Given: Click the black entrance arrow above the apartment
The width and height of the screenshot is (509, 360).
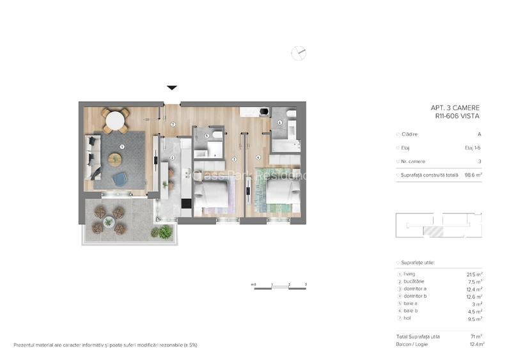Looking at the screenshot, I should (172, 88).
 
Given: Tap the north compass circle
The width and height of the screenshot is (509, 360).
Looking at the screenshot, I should (299, 53).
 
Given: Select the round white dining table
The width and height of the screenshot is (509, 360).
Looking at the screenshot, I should (115, 120).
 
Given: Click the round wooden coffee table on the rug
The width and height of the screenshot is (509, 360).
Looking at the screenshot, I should (115, 159).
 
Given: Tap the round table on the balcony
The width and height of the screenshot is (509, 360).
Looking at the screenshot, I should (109, 222).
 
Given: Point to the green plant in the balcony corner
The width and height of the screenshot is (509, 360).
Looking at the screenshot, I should (165, 232).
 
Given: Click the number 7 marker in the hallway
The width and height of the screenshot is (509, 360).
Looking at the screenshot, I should (173, 123).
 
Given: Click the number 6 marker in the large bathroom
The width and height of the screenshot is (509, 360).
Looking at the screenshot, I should (279, 122).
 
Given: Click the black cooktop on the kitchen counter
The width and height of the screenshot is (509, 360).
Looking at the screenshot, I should (186, 204).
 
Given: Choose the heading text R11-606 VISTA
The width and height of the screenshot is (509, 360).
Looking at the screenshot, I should (457, 116).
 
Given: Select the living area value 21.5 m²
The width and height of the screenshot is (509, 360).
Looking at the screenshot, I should (474, 274).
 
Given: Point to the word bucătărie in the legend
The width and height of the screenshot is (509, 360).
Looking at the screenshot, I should (414, 281).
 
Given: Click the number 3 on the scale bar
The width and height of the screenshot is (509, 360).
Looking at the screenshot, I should (306, 283).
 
